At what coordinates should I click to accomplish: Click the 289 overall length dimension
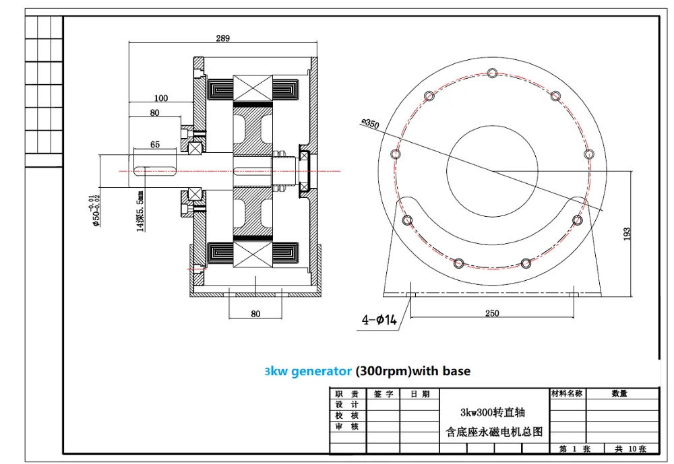(x=222, y=38)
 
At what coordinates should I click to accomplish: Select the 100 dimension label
(x=161, y=98)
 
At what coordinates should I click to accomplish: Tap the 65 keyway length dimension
(x=155, y=144)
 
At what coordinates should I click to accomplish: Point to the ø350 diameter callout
(x=370, y=124)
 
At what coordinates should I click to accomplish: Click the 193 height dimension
(x=627, y=234)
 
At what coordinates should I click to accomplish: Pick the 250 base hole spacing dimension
(x=492, y=313)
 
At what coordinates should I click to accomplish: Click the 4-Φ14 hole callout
(x=379, y=320)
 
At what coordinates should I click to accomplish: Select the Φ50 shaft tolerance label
(x=95, y=211)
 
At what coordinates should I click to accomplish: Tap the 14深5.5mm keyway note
(x=140, y=211)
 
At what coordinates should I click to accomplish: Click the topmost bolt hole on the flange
(x=493, y=73)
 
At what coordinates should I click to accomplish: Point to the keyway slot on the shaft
(x=155, y=171)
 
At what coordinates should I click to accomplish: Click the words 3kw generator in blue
(x=308, y=371)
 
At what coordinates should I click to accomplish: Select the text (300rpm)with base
(x=412, y=371)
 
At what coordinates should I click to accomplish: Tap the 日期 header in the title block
(x=420, y=393)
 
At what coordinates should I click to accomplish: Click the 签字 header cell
(x=383, y=393)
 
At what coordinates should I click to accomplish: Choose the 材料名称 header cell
(x=567, y=393)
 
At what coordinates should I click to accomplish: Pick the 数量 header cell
(x=619, y=393)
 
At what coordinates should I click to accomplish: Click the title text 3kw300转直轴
(x=493, y=412)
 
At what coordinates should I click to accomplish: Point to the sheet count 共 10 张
(x=631, y=449)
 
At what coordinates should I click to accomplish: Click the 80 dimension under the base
(x=255, y=314)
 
